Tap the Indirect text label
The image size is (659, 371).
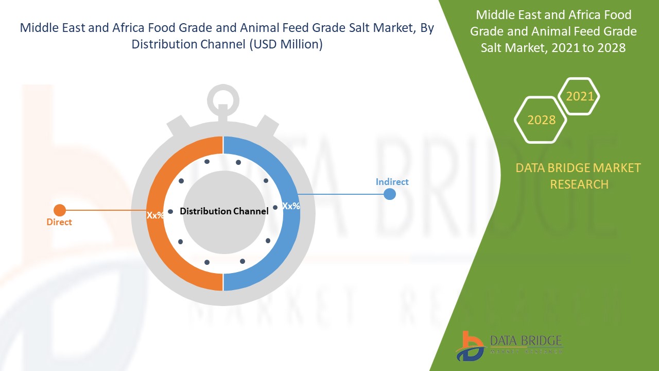point(392,182)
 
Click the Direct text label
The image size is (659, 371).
point(59,222)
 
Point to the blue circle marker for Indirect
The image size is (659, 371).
point(390,194)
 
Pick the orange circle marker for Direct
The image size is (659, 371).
point(60,210)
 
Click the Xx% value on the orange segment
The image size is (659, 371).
point(155,215)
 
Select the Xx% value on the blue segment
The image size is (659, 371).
point(291,206)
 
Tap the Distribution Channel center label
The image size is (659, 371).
point(224,211)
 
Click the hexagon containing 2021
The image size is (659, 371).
point(579,96)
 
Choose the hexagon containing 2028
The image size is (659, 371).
point(541,120)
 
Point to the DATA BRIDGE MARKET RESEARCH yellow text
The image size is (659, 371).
point(579,176)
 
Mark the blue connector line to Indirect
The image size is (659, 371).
point(342,194)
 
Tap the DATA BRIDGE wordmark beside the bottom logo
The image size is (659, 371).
point(526,341)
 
